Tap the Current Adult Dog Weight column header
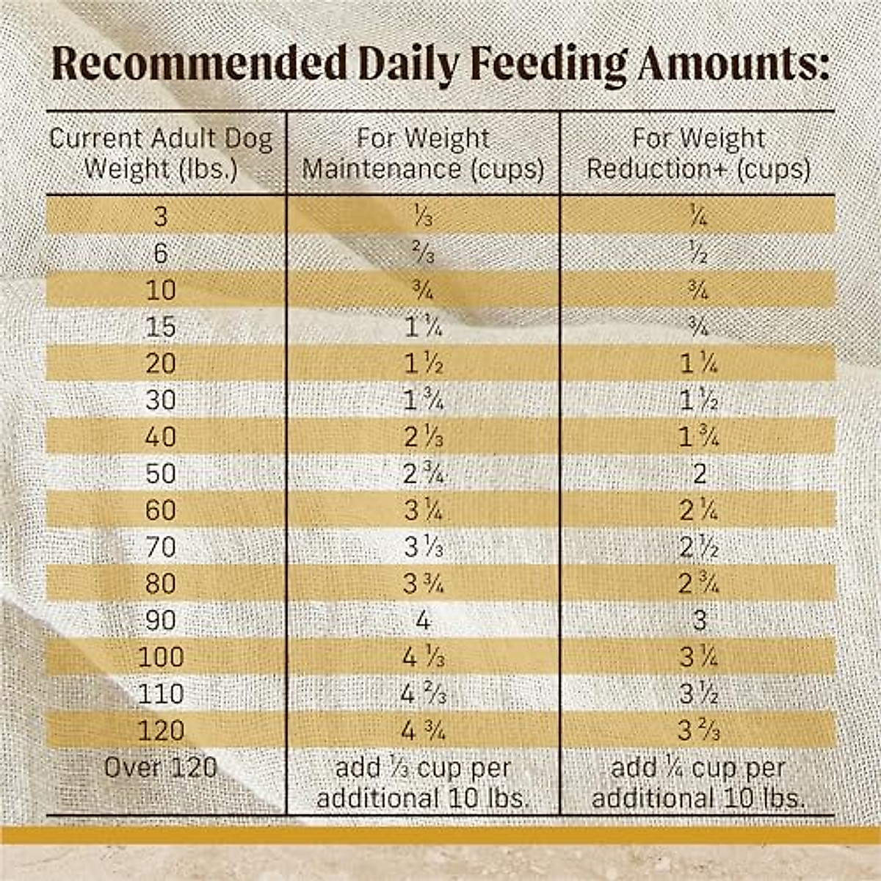pos(161,153)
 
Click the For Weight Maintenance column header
pos(423,153)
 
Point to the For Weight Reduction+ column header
pos(698,153)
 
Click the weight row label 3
pos(161,217)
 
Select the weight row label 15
pos(161,327)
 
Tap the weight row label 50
pos(161,474)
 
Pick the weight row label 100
pos(161,657)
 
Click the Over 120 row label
pos(161,768)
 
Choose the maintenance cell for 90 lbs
pos(423,620)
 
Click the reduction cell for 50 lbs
pos(698,474)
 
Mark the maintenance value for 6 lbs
pos(423,253)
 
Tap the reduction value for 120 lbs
pos(698,730)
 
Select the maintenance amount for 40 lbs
pos(423,437)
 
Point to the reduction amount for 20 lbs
pos(698,363)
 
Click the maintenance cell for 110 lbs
pos(423,694)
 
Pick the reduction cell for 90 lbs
pos(698,620)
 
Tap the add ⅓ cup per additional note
pos(423,783)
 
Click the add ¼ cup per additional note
pos(698,783)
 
